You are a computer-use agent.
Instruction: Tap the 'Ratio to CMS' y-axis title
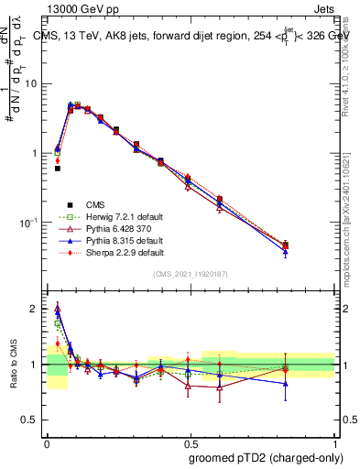[x=11, y=365]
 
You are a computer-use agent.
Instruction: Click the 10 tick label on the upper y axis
[x=34, y=84]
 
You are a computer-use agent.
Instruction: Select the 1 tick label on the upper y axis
[x=38, y=153]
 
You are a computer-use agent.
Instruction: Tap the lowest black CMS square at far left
[x=57, y=169]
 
